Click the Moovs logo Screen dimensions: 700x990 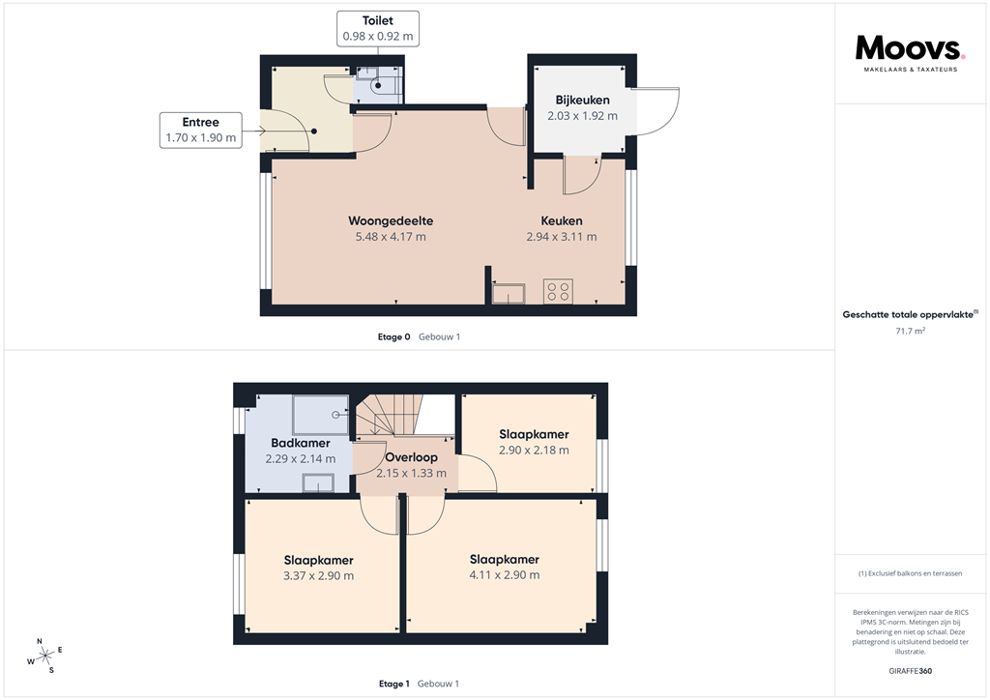910,51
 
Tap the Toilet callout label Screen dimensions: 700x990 378,28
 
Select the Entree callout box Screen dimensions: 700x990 201,130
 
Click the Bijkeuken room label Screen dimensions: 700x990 582,100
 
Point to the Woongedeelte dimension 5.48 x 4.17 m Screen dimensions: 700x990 392,236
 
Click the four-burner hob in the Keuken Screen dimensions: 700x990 558,291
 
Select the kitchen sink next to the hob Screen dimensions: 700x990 509,293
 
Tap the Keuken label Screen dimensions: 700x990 561,220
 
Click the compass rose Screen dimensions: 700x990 43,656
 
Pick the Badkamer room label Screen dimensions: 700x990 300,443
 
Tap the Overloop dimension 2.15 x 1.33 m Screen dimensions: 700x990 411,473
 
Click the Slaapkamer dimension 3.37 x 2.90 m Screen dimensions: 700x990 318,575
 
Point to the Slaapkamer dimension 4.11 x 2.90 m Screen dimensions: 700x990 504,574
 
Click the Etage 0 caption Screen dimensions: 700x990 393,336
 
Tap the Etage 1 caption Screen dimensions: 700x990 393,684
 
